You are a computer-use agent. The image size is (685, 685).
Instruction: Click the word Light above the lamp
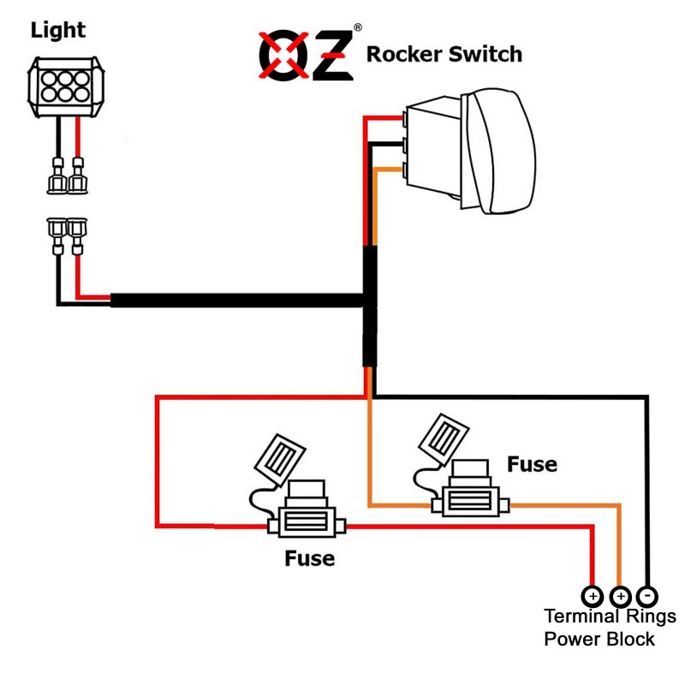(58, 30)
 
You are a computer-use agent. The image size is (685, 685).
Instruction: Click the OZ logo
(306, 55)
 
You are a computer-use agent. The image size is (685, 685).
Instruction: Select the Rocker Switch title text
(444, 55)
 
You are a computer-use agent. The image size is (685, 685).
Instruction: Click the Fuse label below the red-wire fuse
(309, 559)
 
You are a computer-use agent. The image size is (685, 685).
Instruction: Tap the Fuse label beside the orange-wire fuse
(532, 464)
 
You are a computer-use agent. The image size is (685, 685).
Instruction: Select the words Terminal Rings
(610, 616)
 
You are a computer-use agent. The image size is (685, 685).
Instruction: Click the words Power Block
(599, 640)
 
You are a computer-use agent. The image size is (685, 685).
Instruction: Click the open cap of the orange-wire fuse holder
(444, 437)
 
